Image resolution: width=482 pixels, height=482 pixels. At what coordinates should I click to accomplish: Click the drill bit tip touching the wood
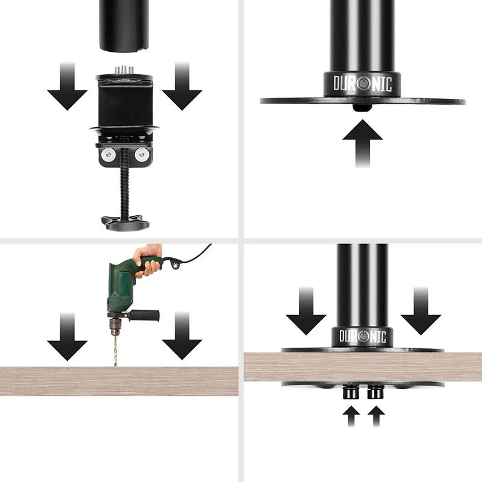tap(116, 366)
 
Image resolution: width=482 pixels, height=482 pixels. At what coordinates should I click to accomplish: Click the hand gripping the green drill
tap(148, 260)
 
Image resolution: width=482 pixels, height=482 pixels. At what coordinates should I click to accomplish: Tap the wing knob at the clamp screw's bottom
tap(125, 223)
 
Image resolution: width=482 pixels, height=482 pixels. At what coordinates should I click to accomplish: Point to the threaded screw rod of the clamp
tap(125, 184)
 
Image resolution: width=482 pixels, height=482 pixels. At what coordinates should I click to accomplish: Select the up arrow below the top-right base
tap(363, 143)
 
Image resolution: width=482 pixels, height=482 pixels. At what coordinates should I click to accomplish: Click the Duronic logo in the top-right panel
tap(363, 84)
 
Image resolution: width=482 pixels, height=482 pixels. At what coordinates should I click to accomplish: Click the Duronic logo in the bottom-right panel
tap(363, 336)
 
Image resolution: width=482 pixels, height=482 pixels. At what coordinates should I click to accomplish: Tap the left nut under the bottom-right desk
tap(351, 393)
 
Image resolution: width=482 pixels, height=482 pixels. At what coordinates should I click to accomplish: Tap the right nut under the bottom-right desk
tap(375, 393)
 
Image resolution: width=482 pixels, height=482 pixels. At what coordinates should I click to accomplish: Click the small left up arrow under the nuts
tap(351, 416)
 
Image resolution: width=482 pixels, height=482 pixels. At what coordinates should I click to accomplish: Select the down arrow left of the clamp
tap(67, 86)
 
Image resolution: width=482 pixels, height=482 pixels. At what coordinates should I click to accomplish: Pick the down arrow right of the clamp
tap(182, 86)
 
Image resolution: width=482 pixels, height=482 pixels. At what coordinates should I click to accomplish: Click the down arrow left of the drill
tap(67, 337)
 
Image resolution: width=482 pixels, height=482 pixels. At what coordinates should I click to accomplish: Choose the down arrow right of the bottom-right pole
tap(421, 311)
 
